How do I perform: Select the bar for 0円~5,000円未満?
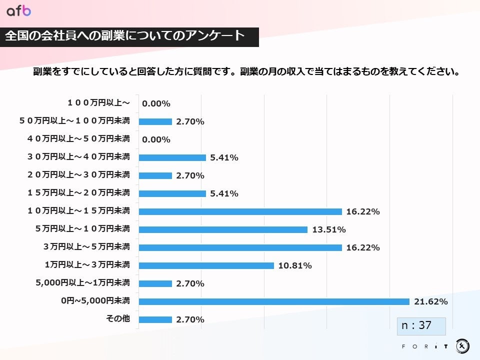point(274,301)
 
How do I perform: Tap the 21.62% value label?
point(430,301)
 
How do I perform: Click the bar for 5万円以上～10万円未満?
point(223,229)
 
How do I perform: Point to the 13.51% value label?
point(328,229)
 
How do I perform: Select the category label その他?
point(118,319)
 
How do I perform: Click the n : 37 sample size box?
point(421,325)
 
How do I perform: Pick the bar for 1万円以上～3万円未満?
point(206,265)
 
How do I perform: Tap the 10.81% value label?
point(294,265)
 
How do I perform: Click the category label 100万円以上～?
point(98,102)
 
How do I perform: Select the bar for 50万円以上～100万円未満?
point(155,121)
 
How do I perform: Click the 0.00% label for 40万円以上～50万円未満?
point(156,139)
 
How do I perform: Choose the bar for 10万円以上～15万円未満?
point(240,211)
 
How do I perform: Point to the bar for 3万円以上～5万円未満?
point(240,247)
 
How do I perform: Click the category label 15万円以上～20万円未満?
point(78,192)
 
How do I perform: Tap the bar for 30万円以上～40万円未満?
point(172,157)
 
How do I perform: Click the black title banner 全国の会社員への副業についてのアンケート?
point(129,36)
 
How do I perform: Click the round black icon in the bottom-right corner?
point(462,345)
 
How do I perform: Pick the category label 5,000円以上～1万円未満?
point(83,283)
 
